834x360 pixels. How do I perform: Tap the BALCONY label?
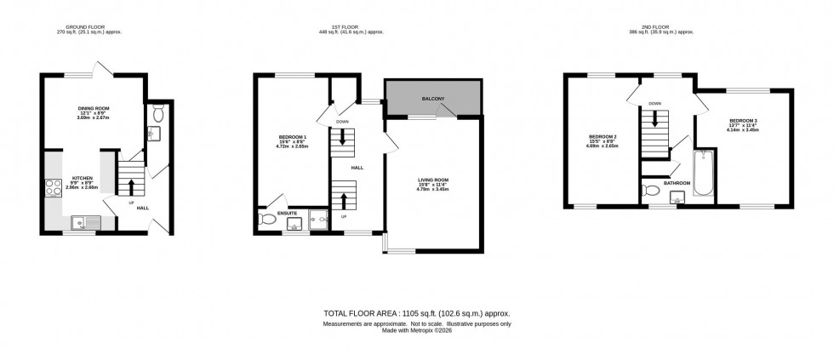433,100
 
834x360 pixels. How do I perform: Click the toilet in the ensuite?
267,220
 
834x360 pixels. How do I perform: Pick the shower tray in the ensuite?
318,220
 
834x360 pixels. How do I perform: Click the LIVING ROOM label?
433,180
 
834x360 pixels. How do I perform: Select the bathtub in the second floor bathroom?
704,174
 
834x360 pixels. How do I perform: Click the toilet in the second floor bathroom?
652,191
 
